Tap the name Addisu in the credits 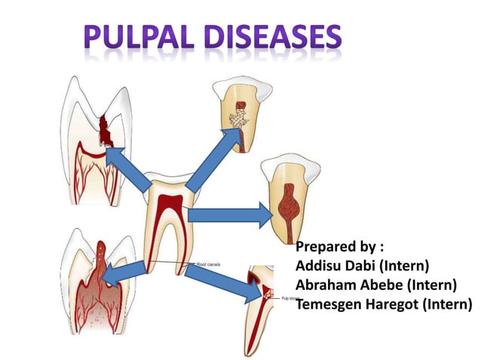pyautogui.click(x=320, y=266)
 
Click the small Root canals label pyautogui.click(x=209, y=264)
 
